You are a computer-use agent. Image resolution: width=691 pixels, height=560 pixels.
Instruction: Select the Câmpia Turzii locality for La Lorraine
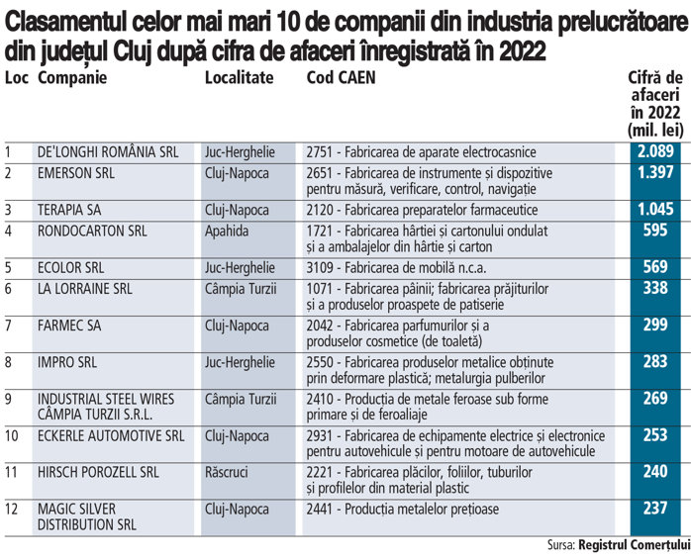pos(241,289)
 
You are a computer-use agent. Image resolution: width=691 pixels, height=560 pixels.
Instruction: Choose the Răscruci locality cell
pos(230,472)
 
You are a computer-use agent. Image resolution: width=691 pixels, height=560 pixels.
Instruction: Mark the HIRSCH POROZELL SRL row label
pos(97,472)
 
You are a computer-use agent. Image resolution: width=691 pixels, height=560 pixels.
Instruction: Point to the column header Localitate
pos(239,78)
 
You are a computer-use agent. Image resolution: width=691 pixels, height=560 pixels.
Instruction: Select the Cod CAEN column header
pos(341,78)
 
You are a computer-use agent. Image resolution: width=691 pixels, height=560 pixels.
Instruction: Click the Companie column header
pos(71,78)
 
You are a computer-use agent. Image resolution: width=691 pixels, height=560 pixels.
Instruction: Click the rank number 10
pos(12,435)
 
